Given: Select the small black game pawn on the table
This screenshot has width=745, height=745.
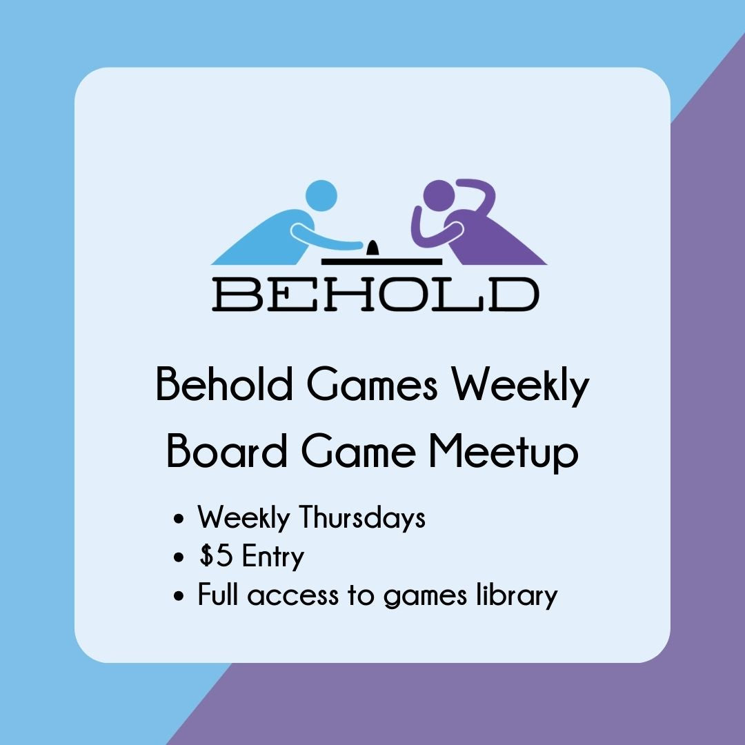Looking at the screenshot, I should pyautogui.click(x=372, y=248).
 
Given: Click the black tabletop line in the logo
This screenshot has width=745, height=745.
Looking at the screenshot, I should pyautogui.click(x=381, y=261).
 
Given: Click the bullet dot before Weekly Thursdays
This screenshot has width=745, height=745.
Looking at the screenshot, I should pyautogui.click(x=181, y=519).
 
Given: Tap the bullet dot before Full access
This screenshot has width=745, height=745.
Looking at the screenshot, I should pyautogui.click(x=181, y=596).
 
